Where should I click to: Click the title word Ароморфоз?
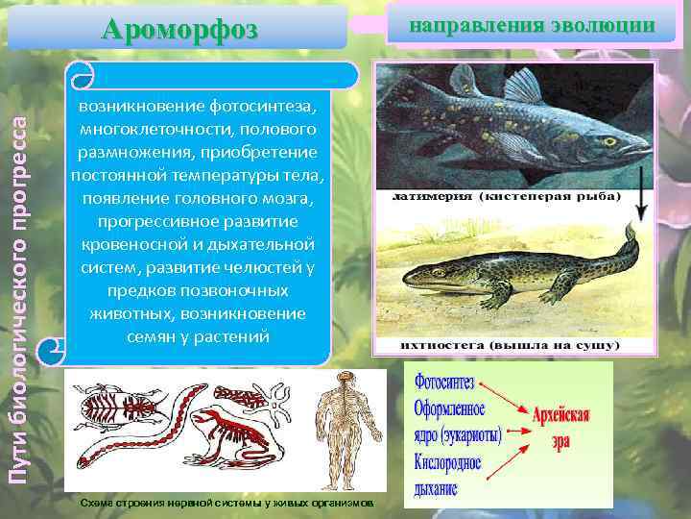tap(180, 28)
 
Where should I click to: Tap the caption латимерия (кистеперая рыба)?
tap(505, 196)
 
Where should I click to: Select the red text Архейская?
tap(561, 417)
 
